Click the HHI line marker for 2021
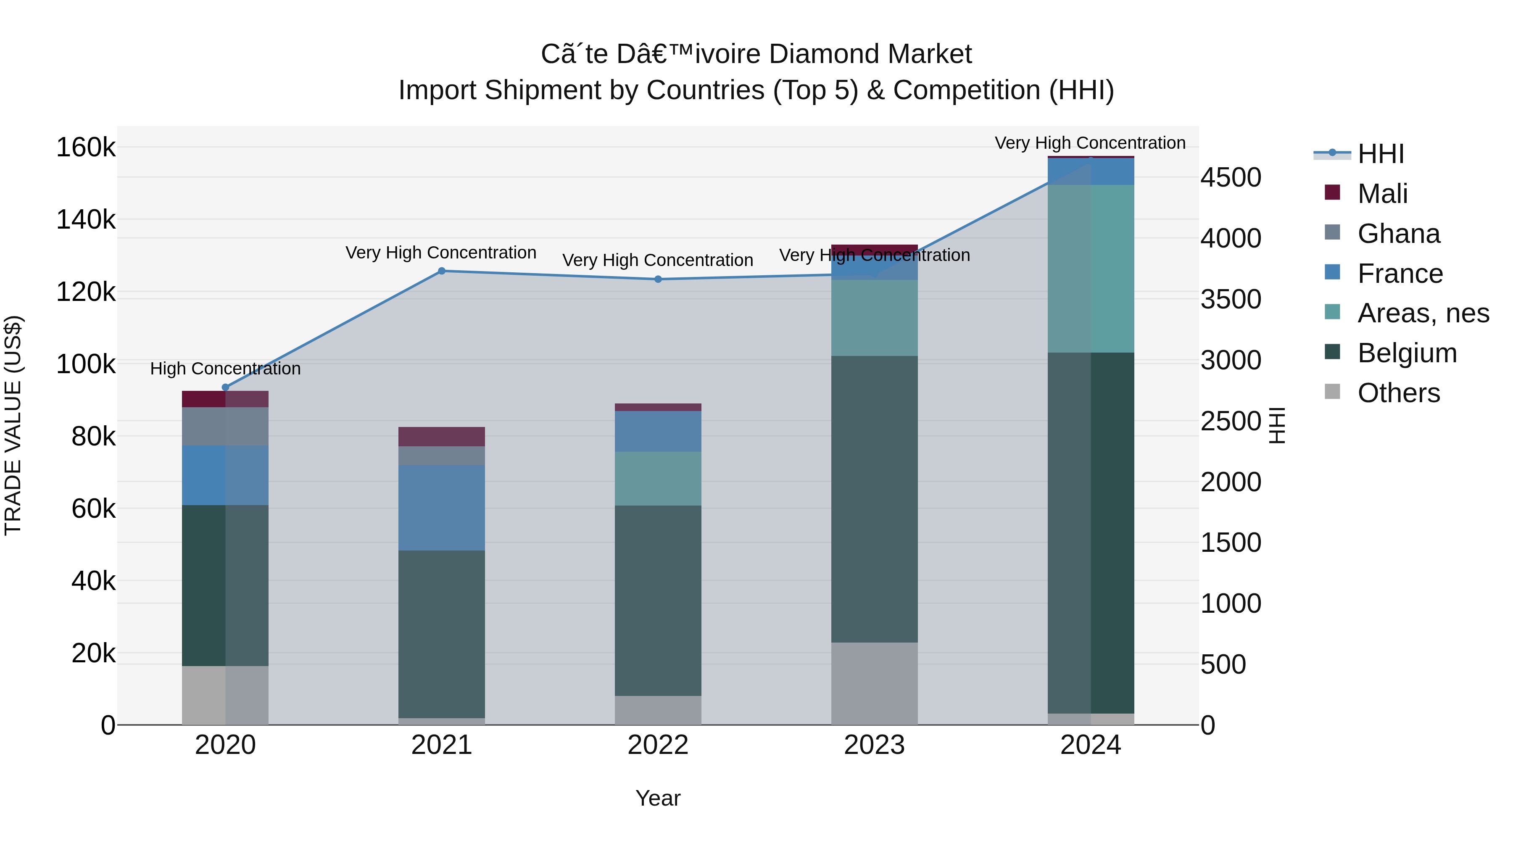442,271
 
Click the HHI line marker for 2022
658,279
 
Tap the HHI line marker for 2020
226,387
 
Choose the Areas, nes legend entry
1423,313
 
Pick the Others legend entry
1398,393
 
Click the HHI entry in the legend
1380,154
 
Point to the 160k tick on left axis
86,148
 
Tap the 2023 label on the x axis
874,745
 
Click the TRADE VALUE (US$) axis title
13,425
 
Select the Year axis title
658,798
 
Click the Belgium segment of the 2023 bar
874,499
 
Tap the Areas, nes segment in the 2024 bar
1091,269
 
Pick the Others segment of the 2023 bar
874,683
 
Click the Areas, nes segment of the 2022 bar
658,478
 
